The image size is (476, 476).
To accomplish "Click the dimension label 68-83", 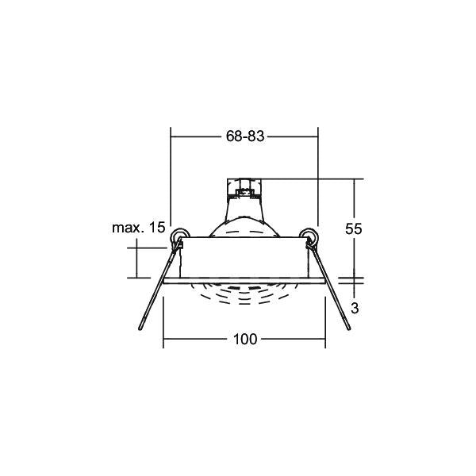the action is tap(245, 136).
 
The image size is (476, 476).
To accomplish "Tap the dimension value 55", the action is tap(354, 229).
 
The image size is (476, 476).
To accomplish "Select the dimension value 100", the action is tap(245, 339).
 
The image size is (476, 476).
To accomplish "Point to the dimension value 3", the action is tap(355, 308).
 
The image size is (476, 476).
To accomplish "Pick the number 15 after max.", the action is tap(157, 228).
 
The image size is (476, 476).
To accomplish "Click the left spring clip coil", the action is tap(180, 236).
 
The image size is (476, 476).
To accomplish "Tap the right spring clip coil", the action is tap(309, 236).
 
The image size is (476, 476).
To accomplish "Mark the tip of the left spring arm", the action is tap(140, 328).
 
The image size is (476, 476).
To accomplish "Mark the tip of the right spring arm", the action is tap(349, 328).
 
